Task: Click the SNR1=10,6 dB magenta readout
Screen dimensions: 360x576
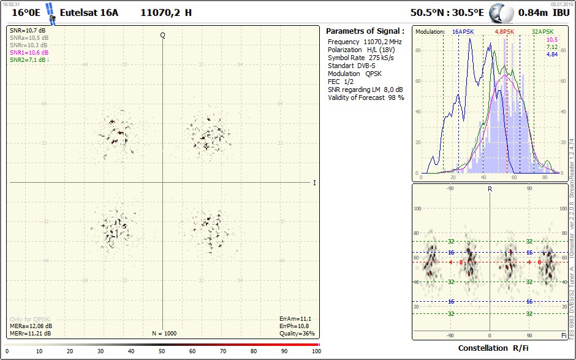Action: [29, 53]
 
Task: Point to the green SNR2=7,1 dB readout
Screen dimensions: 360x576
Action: [28, 60]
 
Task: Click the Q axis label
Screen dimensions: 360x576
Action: [162, 35]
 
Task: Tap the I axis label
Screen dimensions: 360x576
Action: [314, 183]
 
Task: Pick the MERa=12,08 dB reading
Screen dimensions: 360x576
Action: [31, 326]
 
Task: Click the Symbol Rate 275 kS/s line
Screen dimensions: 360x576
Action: [361, 58]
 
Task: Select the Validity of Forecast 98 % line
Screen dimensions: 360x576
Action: [366, 98]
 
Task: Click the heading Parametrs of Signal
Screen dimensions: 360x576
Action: [365, 31]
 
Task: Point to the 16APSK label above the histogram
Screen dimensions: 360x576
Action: [464, 31]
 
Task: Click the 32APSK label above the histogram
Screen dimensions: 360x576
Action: [542, 31]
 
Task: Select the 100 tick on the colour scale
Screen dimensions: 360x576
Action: [316, 351]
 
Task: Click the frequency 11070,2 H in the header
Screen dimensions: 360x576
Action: [166, 12]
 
